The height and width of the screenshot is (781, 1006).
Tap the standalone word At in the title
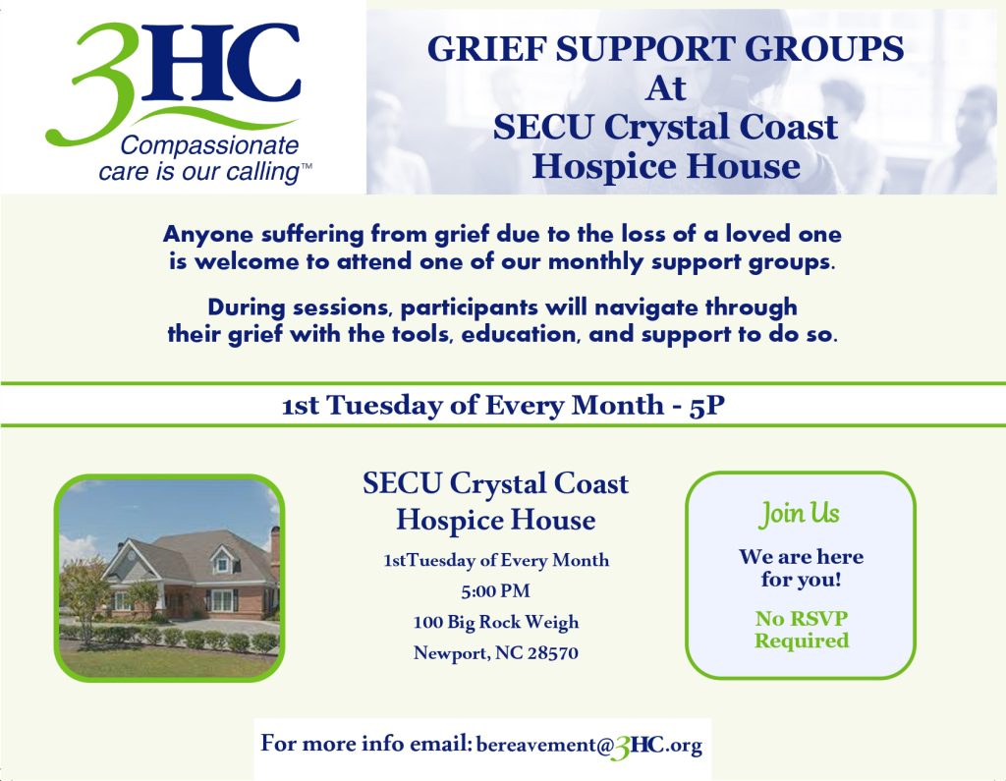666,88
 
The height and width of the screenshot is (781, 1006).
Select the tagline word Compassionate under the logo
209,145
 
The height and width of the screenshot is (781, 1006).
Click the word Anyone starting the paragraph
208,235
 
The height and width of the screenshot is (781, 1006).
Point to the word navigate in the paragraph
646,308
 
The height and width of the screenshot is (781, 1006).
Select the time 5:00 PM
495,590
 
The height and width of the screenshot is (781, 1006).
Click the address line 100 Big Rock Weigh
496,622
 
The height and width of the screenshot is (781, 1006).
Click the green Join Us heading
800,514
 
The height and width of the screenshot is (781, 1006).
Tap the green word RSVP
820,618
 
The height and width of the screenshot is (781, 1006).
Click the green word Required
802,641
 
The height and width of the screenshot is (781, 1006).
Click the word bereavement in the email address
536,745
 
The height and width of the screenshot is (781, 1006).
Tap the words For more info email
366,743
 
